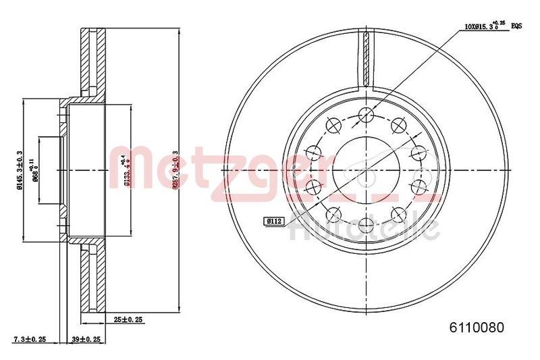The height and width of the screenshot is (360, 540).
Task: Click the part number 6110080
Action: pyautogui.click(x=477, y=328)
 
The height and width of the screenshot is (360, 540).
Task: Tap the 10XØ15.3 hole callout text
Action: pyautogui.click(x=478, y=28)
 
